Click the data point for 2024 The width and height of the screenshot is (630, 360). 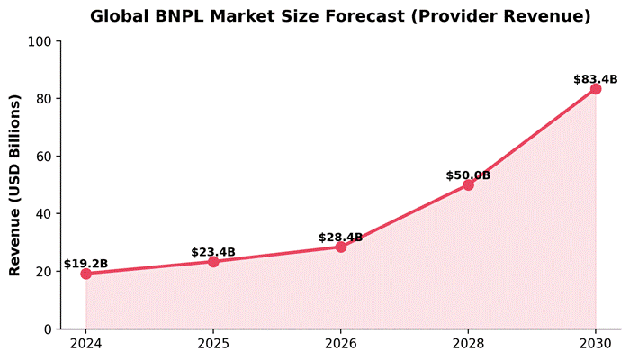(x=86, y=274)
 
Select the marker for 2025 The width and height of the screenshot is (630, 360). (x=213, y=261)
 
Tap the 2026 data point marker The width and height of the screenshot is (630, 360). (x=341, y=247)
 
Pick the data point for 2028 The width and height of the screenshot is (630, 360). (x=468, y=184)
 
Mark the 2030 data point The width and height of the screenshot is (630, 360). (x=596, y=88)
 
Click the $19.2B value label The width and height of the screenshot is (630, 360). (x=86, y=264)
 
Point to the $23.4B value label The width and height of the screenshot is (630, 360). (x=213, y=252)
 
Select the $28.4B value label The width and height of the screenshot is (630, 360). (x=341, y=238)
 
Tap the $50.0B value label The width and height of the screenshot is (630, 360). (x=468, y=175)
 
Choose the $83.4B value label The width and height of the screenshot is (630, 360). (x=596, y=80)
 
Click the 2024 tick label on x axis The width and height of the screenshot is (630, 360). (x=86, y=343)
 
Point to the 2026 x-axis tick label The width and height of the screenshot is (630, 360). (x=341, y=343)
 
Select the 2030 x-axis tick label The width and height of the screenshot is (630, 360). (x=596, y=343)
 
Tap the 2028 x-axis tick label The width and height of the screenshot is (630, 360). (x=468, y=343)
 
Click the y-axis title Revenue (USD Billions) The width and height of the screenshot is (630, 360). (x=14, y=184)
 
